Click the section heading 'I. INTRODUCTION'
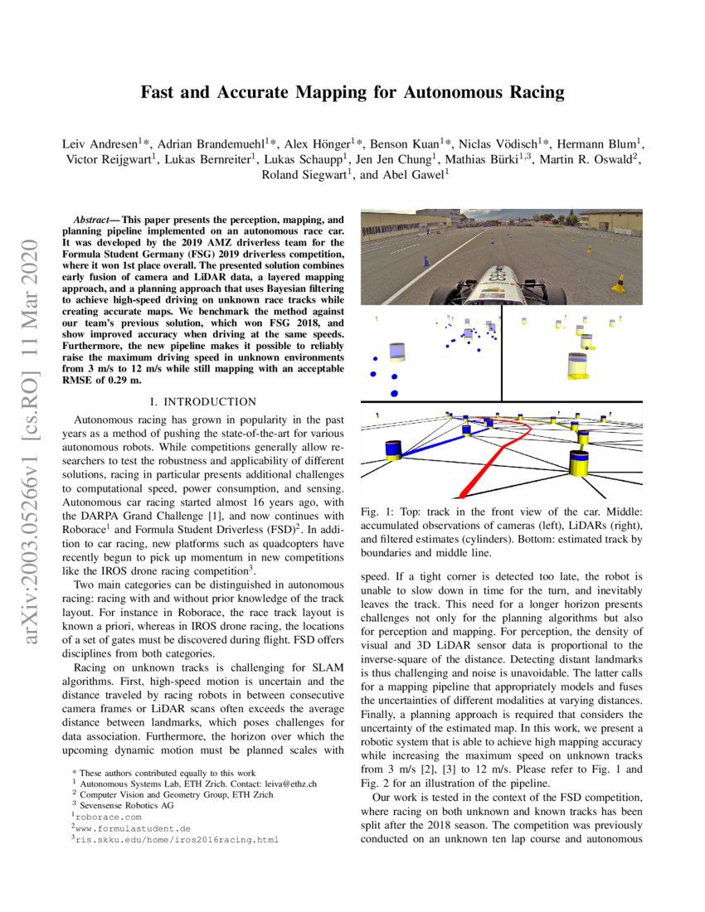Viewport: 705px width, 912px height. [197, 401]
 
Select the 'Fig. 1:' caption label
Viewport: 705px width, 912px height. [380, 513]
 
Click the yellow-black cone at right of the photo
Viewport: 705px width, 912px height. [618, 284]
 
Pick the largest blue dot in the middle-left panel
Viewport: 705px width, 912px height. [394, 392]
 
